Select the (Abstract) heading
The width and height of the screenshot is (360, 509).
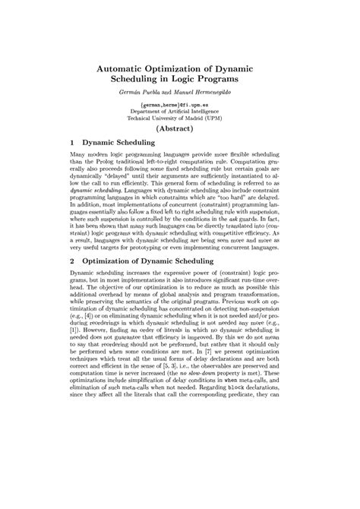pyautogui.click(x=180, y=130)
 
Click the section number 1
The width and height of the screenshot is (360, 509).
pyautogui.click(x=71, y=141)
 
